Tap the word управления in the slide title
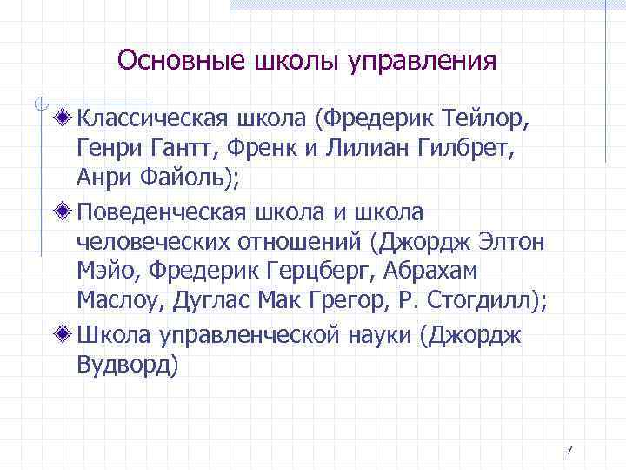click(x=423, y=63)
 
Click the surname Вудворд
click(x=126, y=364)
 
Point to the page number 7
click(x=569, y=450)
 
